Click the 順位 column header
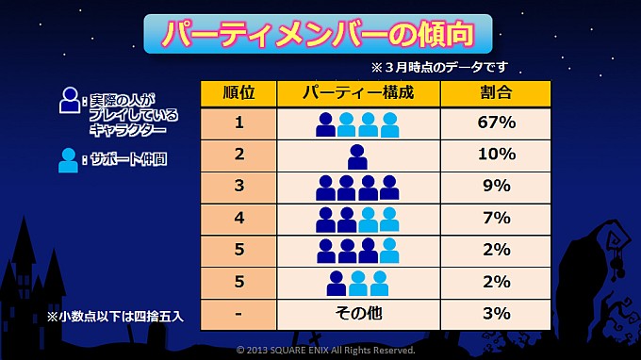[239, 93]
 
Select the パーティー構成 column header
[357, 93]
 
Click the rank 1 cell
[239, 123]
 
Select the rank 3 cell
[239, 187]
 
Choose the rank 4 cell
[239, 218]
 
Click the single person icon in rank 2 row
[357, 155]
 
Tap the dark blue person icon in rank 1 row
[326, 124]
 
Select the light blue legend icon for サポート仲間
[69, 159]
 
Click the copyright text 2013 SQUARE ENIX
[325, 350]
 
